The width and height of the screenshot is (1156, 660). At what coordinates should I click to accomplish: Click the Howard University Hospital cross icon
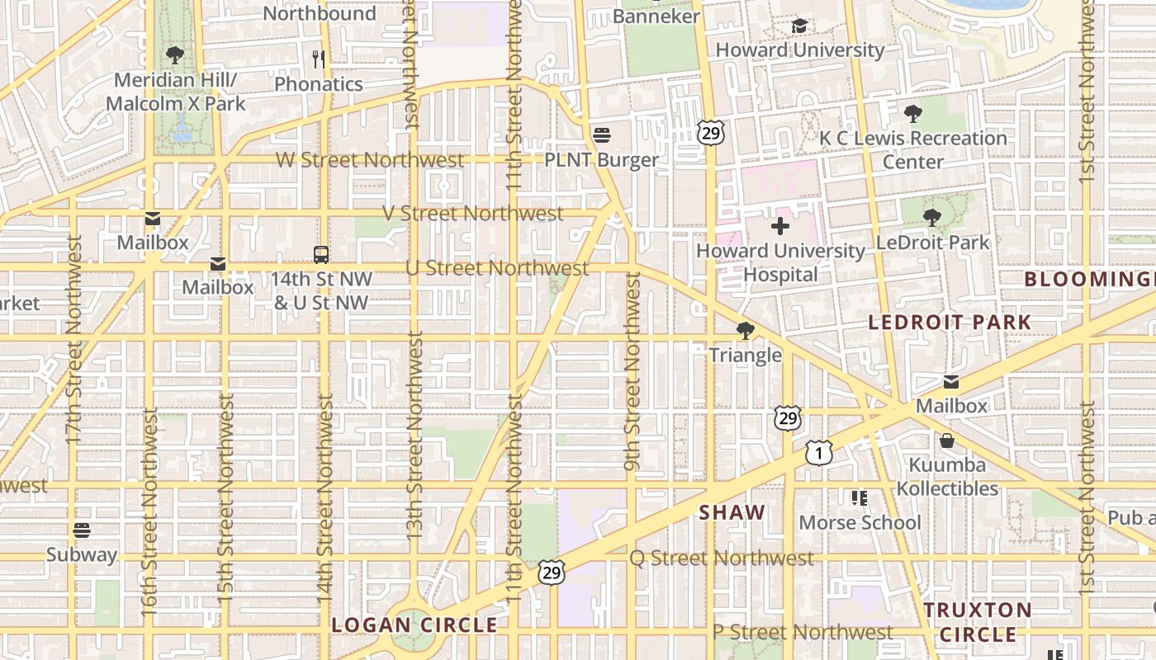779,225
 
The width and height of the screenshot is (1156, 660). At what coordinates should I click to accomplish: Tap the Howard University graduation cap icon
798,26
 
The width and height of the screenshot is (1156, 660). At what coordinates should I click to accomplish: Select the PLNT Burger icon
601,134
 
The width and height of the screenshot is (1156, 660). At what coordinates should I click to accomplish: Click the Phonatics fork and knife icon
319,59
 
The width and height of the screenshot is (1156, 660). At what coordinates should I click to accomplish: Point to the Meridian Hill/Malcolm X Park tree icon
174,55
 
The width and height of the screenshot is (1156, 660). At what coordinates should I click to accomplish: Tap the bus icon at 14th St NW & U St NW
321,254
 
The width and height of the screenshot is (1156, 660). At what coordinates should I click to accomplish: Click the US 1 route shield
818,452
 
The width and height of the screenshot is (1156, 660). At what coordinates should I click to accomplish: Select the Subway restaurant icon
81,530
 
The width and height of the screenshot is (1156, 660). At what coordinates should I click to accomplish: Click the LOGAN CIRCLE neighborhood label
415,625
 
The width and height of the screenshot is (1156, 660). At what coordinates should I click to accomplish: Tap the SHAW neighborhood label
732,512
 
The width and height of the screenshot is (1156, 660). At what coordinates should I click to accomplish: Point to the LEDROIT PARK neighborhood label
950,322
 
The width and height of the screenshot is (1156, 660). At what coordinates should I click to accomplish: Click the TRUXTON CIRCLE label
978,622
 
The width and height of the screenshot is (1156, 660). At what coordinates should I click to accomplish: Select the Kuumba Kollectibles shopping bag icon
947,441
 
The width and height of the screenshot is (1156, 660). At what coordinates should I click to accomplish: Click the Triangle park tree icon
745,331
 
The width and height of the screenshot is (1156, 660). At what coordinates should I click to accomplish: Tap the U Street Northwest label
497,268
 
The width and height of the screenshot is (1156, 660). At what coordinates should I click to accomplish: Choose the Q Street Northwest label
722,559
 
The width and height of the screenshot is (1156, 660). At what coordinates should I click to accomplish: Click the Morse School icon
859,497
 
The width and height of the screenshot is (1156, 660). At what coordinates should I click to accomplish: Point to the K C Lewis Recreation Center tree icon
912,114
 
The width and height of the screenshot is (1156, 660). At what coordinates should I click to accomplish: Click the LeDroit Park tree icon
932,218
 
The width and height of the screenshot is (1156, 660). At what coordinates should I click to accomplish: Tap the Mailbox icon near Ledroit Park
951,381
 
